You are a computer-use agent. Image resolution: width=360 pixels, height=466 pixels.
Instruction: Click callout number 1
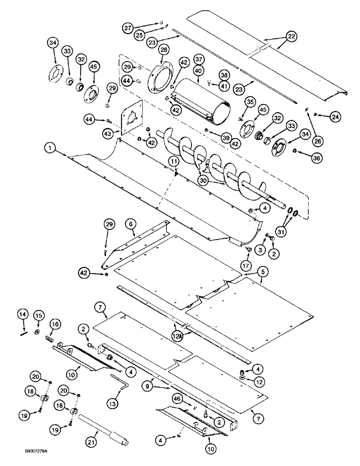49,149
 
